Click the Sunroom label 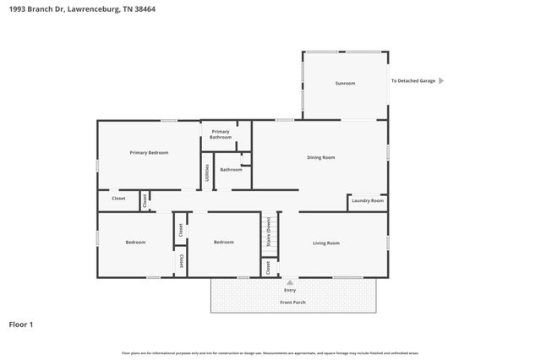click(345, 83)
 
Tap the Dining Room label click(320, 157)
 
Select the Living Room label click(326, 243)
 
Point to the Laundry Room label click(368, 200)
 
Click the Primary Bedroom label click(149, 152)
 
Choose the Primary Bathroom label click(221, 134)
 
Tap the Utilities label click(207, 172)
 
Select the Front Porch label click(293, 302)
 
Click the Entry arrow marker click(290, 282)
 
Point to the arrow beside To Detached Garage click(440, 81)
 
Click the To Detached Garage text click(413, 81)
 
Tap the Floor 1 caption click(21, 324)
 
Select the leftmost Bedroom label click(135, 243)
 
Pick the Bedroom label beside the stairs click(223, 243)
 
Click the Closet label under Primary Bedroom click(119, 199)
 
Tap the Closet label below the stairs click(268, 267)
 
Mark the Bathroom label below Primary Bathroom click(231, 169)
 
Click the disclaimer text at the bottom click(270, 352)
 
